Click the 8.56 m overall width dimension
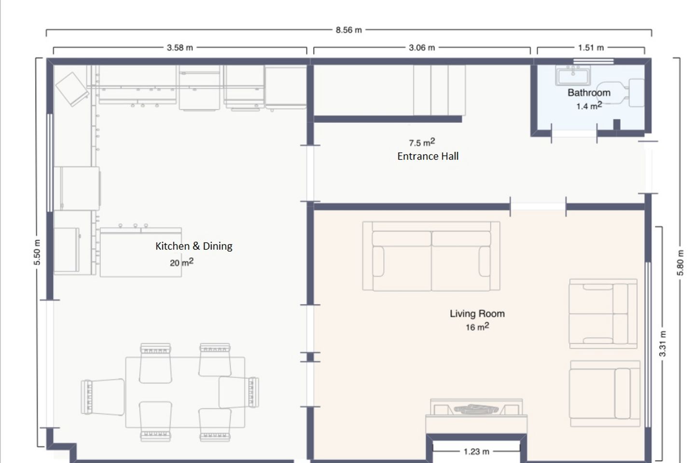(x=349, y=30)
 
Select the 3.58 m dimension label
(x=180, y=48)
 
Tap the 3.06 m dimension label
(x=422, y=48)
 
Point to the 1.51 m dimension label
(x=591, y=48)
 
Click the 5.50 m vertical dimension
(x=37, y=252)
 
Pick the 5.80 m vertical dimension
(x=680, y=263)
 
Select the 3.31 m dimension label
(x=662, y=344)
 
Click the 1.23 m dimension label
(x=476, y=451)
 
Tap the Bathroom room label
(x=589, y=93)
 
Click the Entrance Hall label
(x=428, y=156)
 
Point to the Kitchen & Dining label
(x=194, y=246)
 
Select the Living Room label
(x=477, y=313)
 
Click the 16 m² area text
(x=477, y=327)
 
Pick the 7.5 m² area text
(x=422, y=142)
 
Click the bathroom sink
(x=573, y=75)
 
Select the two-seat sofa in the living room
(x=431, y=256)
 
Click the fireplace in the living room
(x=476, y=416)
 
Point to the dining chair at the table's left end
(x=103, y=397)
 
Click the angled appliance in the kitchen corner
(x=72, y=89)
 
